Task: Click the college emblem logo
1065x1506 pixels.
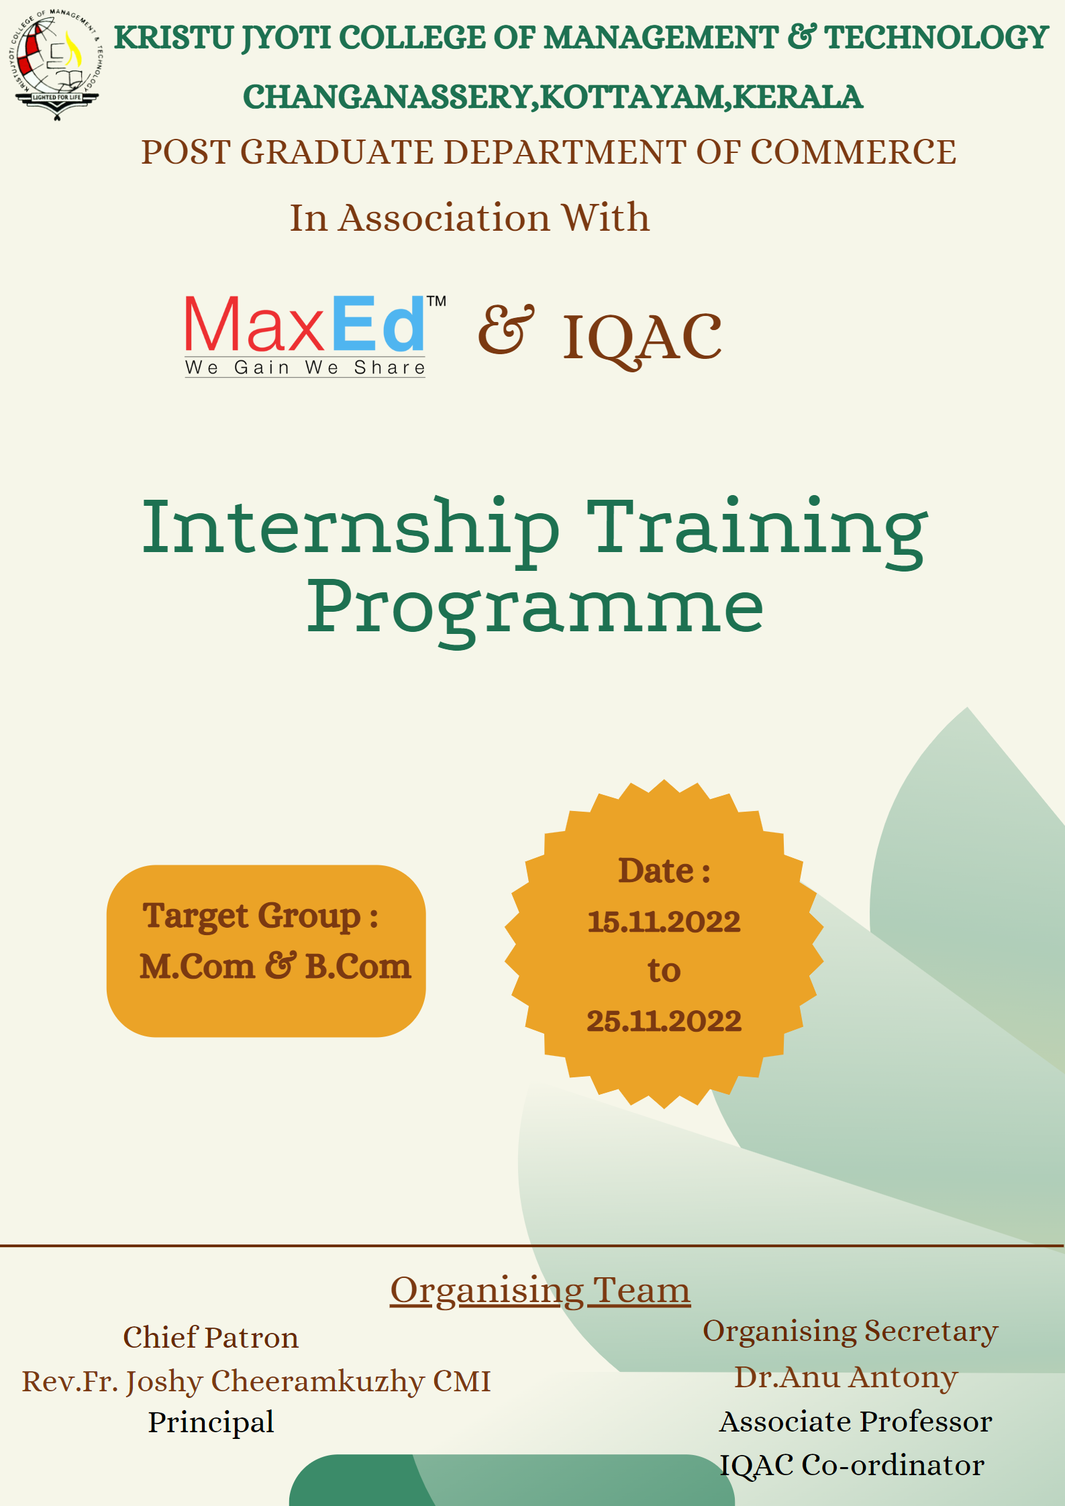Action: [56, 64]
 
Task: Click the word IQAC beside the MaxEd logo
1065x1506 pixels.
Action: [642, 339]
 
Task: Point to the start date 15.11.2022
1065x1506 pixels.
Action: [664, 922]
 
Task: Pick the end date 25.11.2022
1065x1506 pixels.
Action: [664, 1022]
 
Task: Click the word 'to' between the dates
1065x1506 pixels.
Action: [664, 971]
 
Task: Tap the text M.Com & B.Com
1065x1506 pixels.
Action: [275, 967]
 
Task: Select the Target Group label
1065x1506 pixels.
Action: [260, 917]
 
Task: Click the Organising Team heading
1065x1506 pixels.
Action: [540, 1290]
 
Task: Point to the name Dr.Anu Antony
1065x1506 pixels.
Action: [846, 1377]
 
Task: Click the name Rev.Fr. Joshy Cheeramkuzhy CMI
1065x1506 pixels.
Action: [256, 1382]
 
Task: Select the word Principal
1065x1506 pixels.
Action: [211, 1423]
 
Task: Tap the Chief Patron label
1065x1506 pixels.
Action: [211, 1338]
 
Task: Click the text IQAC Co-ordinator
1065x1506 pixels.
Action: [852, 1465]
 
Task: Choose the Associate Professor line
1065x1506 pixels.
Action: [856, 1421]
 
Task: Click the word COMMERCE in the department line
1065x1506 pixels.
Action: [853, 152]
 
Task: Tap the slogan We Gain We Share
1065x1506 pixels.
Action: [305, 368]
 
